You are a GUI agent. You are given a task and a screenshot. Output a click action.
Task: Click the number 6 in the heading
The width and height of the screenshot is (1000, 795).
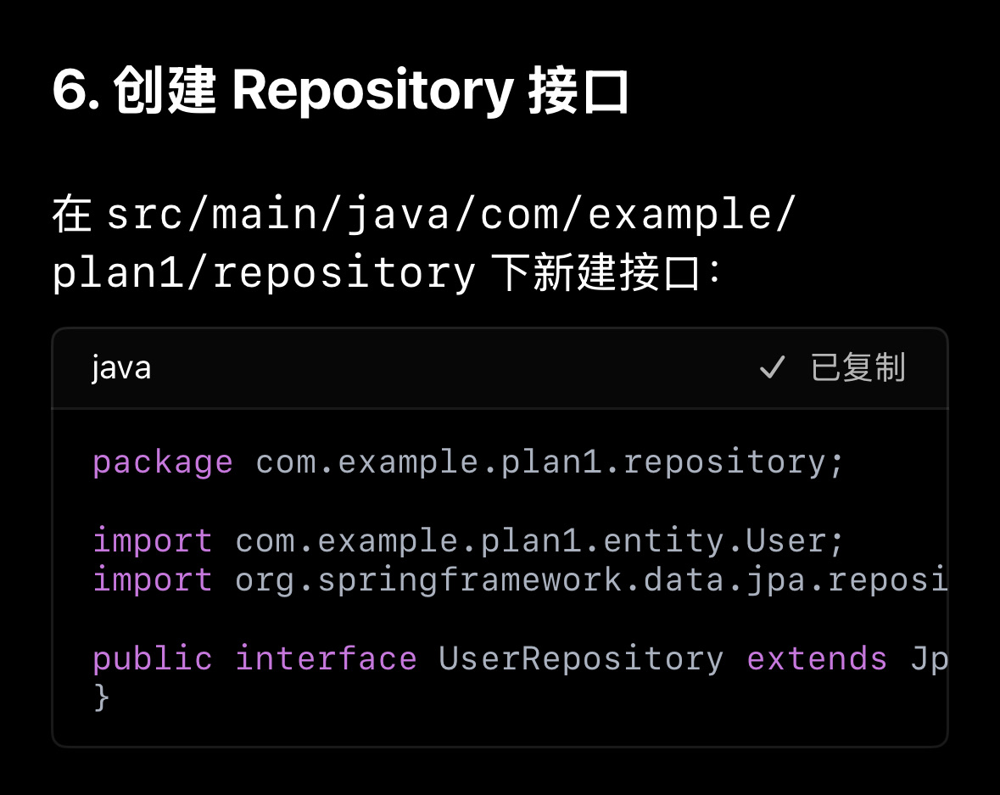click(70, 91)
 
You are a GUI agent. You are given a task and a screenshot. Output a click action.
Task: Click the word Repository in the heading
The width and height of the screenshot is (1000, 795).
click(372, 91)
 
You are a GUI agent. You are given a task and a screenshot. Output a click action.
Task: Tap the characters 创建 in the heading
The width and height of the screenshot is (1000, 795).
click(165, 91)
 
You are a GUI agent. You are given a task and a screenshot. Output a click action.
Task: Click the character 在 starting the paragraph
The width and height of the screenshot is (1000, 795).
click(71, 215)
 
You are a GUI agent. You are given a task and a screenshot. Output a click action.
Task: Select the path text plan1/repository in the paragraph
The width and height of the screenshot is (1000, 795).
click(264, 272)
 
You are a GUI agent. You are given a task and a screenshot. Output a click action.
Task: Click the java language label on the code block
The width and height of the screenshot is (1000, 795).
click(121, 368)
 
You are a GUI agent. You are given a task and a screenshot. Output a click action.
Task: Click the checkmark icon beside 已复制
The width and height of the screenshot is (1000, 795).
click(772, 368)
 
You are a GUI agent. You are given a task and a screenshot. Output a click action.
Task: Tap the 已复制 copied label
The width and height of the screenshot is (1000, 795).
click(858, 368)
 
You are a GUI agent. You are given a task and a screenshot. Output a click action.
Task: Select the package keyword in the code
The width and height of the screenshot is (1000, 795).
click(162, 462)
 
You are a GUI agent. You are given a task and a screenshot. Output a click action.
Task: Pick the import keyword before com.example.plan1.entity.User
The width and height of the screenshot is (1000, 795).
click(153, 540)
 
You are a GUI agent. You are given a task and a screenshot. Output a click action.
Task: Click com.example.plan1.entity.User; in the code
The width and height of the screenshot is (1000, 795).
click(539, 540)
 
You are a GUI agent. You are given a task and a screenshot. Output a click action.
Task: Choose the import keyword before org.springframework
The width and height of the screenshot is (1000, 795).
click(153, 579)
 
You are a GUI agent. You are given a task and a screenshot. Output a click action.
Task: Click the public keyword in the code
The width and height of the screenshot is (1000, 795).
click(153, 658)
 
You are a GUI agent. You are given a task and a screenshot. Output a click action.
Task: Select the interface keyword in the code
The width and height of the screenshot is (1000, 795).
click(326, 658)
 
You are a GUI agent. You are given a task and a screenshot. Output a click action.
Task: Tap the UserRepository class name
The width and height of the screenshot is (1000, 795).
click(581, 658)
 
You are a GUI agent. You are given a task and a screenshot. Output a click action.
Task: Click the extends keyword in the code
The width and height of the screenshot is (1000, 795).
click(817, 658)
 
